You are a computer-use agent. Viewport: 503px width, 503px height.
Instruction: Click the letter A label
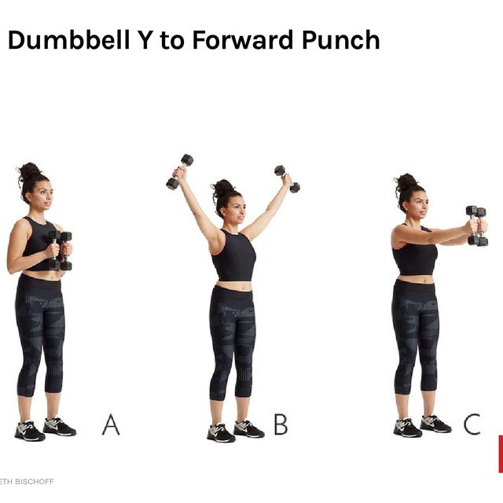coord(111,425)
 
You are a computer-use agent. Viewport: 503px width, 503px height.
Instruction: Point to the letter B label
coord(280,425)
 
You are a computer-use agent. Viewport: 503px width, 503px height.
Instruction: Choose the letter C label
coord(472,425)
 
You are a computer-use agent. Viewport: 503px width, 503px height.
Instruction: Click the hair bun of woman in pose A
coord(29,170)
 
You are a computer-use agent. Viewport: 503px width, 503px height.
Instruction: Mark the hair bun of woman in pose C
coord(406,182)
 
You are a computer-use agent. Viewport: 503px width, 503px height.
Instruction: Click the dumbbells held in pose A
coord(60,250)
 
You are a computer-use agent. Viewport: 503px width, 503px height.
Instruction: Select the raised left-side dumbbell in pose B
coord(179,171)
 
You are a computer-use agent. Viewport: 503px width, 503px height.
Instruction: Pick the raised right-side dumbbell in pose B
coord(287,178)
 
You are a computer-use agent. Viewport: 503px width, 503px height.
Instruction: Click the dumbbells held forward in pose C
coord(476,226)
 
